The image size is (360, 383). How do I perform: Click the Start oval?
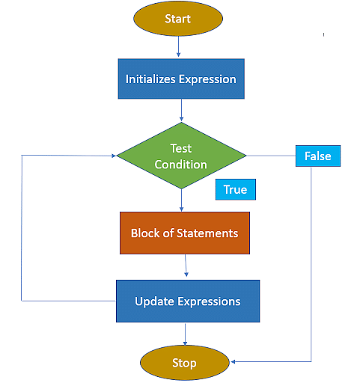178,19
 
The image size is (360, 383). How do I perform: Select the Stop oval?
185,363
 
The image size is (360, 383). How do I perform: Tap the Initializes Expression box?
181,79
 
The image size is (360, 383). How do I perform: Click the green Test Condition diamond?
181,156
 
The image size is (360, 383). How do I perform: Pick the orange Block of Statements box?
185,233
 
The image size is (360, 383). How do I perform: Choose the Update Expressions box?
188,301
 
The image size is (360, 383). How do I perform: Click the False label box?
318,156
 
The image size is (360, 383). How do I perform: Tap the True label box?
236,189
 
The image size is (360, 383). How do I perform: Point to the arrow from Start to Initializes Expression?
178,46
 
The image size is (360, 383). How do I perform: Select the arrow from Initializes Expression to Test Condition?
181,110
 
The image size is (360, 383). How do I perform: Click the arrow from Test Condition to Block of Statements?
181,200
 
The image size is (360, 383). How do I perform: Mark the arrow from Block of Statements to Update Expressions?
186,266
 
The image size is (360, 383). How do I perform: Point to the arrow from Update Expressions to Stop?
185,334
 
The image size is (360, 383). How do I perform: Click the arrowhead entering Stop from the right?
233,361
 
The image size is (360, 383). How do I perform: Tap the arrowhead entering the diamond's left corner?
114,156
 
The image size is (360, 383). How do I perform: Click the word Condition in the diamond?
181,165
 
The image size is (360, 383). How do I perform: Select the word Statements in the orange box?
207,233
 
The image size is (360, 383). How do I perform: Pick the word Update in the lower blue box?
154,301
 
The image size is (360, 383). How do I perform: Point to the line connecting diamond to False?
271,156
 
